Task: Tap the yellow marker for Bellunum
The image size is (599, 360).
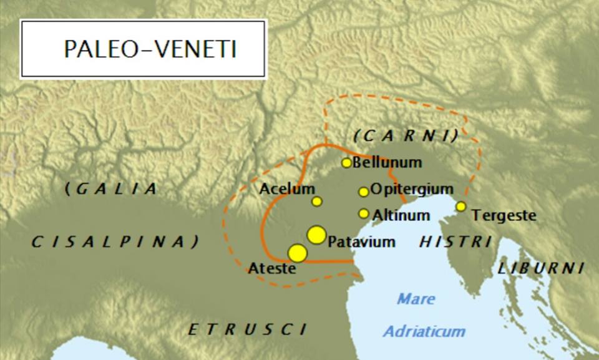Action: point(347,163)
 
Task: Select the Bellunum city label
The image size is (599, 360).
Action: point(387,163)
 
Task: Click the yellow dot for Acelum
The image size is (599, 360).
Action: point(317,202)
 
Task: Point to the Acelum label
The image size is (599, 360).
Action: point(287,188)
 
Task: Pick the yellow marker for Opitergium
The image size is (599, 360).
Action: point(364,192)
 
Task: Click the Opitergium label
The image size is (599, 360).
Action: point(411,188)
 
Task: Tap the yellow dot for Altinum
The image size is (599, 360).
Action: point(364,213)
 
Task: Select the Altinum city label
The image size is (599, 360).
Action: point(401,216)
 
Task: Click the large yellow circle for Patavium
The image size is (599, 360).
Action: point(316,235)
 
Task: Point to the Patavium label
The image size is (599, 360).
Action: point(361,241)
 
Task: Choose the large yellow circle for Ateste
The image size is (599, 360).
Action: point(298,253)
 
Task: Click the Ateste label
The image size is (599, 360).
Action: point(271,269)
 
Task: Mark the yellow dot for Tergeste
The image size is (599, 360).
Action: point(460,207)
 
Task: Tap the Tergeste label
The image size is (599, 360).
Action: point(504,216)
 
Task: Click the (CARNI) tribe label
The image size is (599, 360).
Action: point(406,135)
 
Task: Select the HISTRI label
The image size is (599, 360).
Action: point(455,241)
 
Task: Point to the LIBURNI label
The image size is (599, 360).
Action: point(540,268)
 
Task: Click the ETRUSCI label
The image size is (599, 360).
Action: point(248,329)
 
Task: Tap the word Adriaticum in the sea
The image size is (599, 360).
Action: point(424,331)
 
